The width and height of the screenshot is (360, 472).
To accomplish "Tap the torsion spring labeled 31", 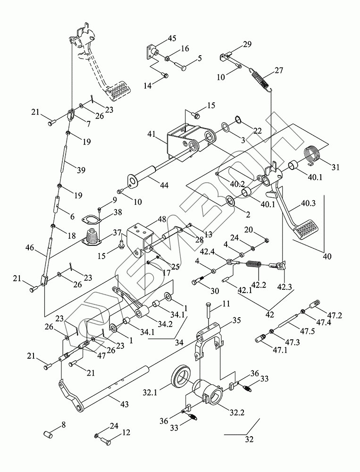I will coord(313,156).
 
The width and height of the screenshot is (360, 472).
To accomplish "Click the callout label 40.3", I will coord(307,203).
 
